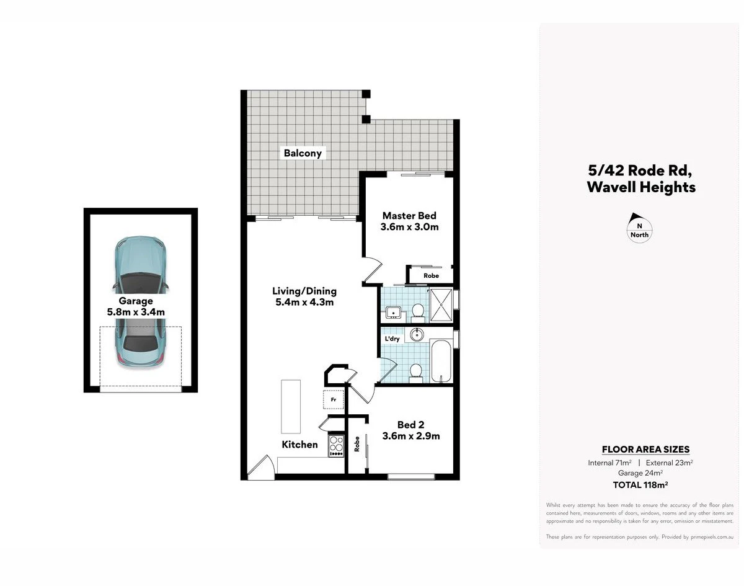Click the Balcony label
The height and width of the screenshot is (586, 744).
(303, 153)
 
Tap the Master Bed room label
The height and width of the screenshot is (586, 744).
(409, 216)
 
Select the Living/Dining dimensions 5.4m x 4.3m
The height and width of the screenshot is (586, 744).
(304, 303)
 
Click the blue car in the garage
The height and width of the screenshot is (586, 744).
(140, 301)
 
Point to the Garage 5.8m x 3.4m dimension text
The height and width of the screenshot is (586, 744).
(136, 312)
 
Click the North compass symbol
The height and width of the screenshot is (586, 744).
(639, 228)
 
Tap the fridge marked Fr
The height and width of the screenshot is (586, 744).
(334, 399)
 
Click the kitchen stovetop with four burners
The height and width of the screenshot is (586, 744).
(336, 446)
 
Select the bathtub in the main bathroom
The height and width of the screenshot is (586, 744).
(441, 361)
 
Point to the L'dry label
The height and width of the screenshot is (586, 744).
(392, 339)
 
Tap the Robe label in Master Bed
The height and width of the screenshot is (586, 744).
(431, 276)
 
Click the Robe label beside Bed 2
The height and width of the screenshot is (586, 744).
(356, 444)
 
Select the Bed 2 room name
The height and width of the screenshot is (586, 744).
(410, 424)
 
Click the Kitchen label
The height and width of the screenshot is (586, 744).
(299, 445)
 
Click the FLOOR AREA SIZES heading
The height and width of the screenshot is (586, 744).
(646, 450)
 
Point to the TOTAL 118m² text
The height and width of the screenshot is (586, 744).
(640, 485)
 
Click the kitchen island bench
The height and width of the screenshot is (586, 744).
(291, 406)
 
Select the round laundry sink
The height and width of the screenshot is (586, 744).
(417, 334)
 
